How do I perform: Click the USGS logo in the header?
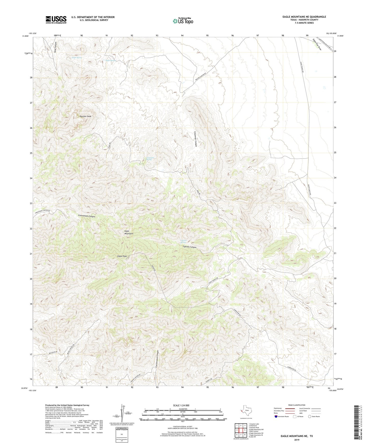56,20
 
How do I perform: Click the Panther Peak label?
85,116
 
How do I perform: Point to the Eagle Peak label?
122,256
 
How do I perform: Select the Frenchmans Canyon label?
87,216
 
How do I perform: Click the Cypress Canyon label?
190,247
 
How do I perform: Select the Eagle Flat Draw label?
317,44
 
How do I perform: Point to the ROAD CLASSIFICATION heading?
297,405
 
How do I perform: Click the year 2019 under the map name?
296,440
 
